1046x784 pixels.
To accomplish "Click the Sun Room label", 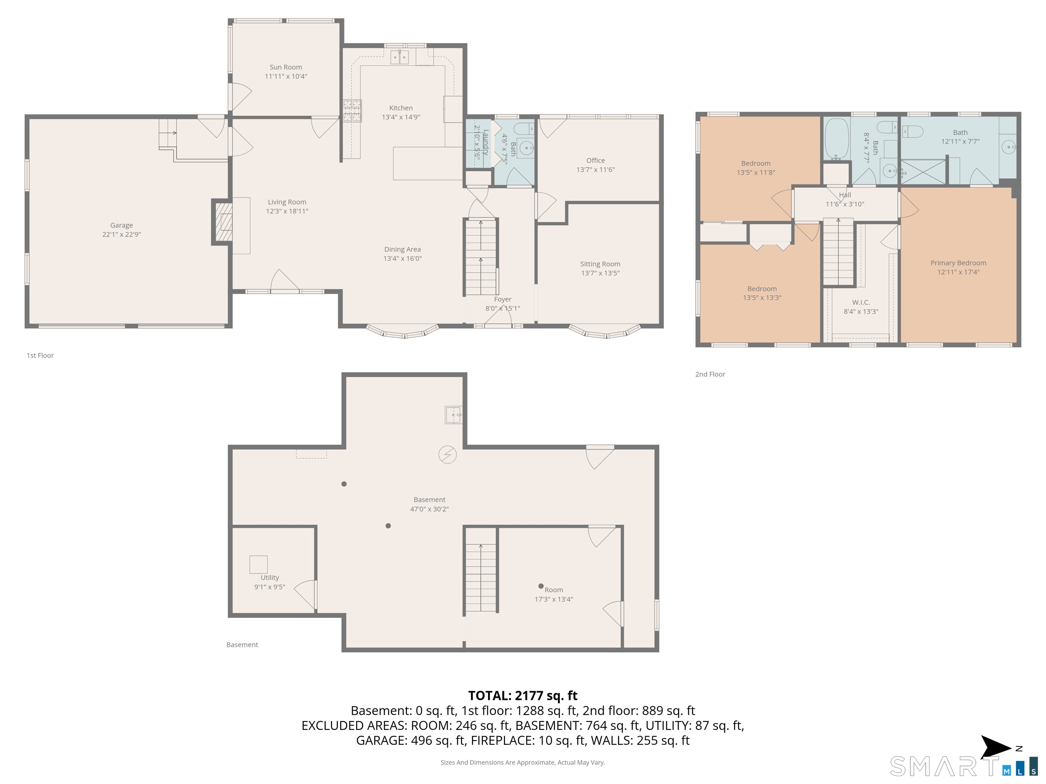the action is [286, 67].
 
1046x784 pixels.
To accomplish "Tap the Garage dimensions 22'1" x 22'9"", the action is [122, 234].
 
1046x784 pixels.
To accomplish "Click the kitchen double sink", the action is [400, 57].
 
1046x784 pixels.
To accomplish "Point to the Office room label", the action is [595, 161].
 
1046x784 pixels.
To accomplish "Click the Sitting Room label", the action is [600, 264].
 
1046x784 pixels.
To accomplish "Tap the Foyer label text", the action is [503, 299].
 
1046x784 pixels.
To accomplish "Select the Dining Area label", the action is [402, 249].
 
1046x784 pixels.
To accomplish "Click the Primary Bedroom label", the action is [958, 263].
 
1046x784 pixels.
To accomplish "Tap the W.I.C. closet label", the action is [861, 303].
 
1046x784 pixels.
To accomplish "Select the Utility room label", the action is [270, 577].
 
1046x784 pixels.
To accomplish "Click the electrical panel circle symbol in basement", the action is [447, 455].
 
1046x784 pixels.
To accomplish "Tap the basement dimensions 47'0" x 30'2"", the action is [429, 509].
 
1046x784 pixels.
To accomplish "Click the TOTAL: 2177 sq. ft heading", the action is [523, 696].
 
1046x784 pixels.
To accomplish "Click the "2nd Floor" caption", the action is [710, 374].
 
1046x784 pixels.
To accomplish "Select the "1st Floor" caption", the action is [40, 355].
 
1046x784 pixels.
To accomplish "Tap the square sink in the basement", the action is [454, 415].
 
